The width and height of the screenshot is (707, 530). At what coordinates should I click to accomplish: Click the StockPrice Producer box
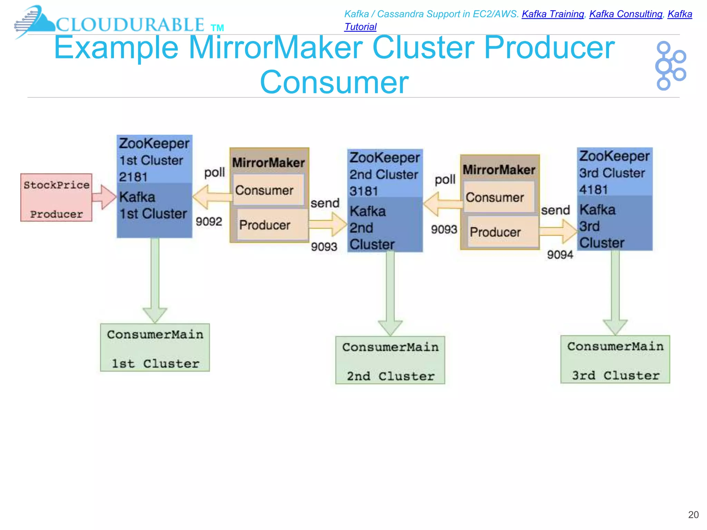click(x=56, y=198)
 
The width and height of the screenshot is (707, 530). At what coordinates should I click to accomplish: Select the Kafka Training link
click(x=553, y=14)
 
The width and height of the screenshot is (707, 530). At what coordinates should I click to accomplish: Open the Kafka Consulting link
click(x=626, y=14)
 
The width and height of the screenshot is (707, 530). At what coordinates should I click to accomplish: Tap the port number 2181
click(x=133, y=177)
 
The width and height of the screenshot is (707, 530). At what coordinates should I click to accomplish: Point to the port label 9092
click(x=209, y=222)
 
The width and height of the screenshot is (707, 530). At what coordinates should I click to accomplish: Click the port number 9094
click(x=560, y=255)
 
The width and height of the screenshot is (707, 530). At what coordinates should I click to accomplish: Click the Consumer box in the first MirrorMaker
click(x=268, y=190)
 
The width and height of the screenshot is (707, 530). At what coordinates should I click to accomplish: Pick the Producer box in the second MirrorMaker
click(x=503, y=232)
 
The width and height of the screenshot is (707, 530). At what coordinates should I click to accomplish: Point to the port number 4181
click(x=593, y=190)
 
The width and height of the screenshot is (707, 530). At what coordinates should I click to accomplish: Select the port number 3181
click(x=364, y=191)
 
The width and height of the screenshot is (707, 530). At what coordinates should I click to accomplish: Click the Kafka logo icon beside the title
click(x=670, y=66)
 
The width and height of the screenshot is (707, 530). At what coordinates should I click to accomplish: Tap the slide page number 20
click(x=693, y=515)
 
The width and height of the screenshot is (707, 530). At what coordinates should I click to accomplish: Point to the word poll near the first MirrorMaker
click(x=214, y=172)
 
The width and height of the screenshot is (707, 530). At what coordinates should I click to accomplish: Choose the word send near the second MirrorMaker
click(x=555, y=210)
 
